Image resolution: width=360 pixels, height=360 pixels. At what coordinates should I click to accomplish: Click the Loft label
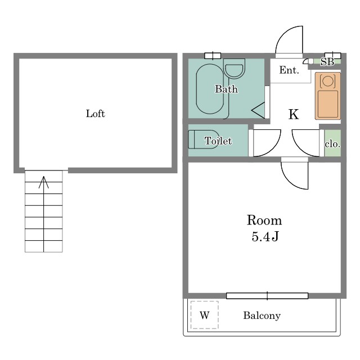[95, 114]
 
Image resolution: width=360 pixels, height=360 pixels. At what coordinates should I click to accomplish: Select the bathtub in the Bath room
[210, 89]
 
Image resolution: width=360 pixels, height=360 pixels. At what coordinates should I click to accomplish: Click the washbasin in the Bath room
[234, 68]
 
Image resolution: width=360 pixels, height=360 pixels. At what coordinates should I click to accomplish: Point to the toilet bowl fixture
[204, 139]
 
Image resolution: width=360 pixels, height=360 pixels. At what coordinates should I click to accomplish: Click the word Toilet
[218, 141]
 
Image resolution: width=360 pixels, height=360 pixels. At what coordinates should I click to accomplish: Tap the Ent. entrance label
[289, 70]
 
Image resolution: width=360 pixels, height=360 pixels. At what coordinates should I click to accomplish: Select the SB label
[327, 62]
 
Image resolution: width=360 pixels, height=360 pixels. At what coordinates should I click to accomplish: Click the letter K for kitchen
[294, 114]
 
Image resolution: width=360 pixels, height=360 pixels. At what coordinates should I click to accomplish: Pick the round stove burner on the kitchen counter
[327, 80]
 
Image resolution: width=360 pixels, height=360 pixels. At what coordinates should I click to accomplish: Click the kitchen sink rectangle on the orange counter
[328, 104]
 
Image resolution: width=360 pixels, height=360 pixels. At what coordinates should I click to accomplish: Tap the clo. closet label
[332, 144]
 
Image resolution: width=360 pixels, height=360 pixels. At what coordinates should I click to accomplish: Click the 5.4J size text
[265, 236]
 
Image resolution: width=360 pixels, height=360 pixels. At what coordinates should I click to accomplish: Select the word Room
[264, 220]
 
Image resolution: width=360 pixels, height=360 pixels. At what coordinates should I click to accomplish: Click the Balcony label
[262, 316]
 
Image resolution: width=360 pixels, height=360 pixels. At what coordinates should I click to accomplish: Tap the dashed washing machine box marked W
[204, 315]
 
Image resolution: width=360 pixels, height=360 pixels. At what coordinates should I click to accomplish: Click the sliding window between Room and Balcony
[267, 296]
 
